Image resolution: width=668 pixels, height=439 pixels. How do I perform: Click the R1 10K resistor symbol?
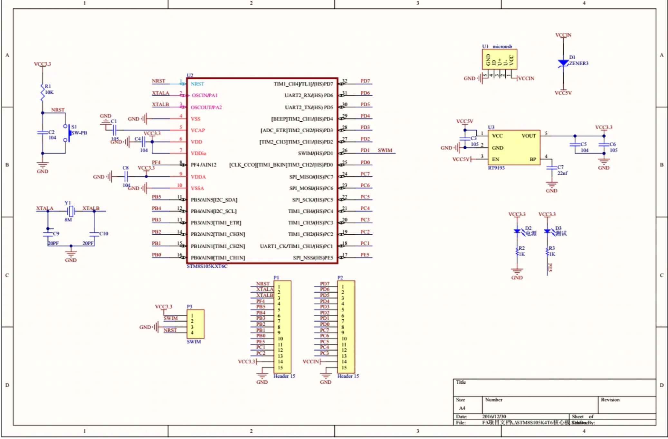pos(42,92)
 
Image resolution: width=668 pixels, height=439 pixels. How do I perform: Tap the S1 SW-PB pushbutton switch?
pos(66,133)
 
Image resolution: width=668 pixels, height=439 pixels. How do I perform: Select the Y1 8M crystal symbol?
pos(71,211)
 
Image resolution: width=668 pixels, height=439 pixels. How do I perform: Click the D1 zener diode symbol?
pos(563,63)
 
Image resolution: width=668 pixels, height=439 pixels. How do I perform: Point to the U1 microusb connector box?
pos(499,59)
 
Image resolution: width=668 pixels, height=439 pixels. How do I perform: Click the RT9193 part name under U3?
pos(496,168)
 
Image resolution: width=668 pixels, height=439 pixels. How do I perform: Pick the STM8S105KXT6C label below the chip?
pos(207,266)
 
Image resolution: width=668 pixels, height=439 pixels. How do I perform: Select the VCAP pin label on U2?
pos(198,130)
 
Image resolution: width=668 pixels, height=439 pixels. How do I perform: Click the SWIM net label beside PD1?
pos(385,150)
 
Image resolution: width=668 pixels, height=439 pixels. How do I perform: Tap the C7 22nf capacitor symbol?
pos(552,168)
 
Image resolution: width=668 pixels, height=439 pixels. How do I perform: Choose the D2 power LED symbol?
pos(517,231)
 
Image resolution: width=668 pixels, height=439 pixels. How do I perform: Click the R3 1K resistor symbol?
pos(547,251)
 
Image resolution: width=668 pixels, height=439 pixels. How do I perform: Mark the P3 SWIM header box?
pos(196,324)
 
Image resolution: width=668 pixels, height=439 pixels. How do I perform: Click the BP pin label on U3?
pos(533,159)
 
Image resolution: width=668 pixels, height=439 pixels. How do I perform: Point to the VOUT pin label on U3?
pos(529,136)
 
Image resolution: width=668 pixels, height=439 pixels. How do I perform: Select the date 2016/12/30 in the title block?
pos(494,416)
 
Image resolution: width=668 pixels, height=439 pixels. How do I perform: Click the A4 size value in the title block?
pos(462,408)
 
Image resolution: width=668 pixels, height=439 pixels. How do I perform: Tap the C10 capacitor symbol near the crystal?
pos(94,233)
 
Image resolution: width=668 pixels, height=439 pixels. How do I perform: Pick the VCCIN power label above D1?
pos(563,35)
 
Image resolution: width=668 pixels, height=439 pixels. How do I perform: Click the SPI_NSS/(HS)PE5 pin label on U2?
pos(313,258)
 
